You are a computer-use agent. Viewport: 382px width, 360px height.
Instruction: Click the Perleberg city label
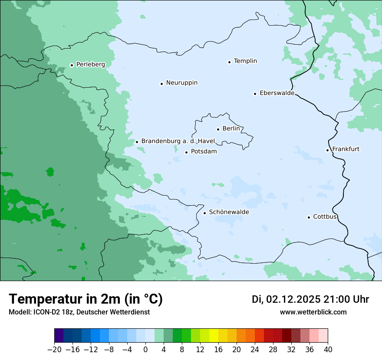point(90,65)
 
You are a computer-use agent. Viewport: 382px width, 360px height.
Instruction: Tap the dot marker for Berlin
point(218,129)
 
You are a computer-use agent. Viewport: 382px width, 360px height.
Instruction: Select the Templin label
point(245,61)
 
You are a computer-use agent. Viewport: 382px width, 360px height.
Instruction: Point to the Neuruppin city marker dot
point(161,84)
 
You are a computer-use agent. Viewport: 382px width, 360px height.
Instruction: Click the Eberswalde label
point(277,93)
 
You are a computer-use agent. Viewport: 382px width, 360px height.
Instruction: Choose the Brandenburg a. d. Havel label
point(178,141)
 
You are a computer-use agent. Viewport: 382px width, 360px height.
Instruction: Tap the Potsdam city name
point(204,152)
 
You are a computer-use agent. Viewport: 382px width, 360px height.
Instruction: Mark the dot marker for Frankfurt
point(328,150)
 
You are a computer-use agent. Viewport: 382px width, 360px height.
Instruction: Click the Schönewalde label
point(229,212)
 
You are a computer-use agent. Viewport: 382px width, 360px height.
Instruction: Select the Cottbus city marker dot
point(309,217)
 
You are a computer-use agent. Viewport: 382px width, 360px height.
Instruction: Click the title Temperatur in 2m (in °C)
point(86,299)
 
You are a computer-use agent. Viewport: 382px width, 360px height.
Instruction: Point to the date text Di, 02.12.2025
point(286,300)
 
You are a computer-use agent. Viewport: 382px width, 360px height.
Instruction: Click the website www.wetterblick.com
point(313,312)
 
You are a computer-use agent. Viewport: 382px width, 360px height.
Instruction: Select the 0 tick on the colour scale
point(145,350)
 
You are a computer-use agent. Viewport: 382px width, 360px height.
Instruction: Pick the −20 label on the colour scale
point(54,350)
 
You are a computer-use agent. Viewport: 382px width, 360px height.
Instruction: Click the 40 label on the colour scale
point(328,350)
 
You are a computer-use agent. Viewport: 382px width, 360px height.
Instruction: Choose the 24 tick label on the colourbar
point(255,350)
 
